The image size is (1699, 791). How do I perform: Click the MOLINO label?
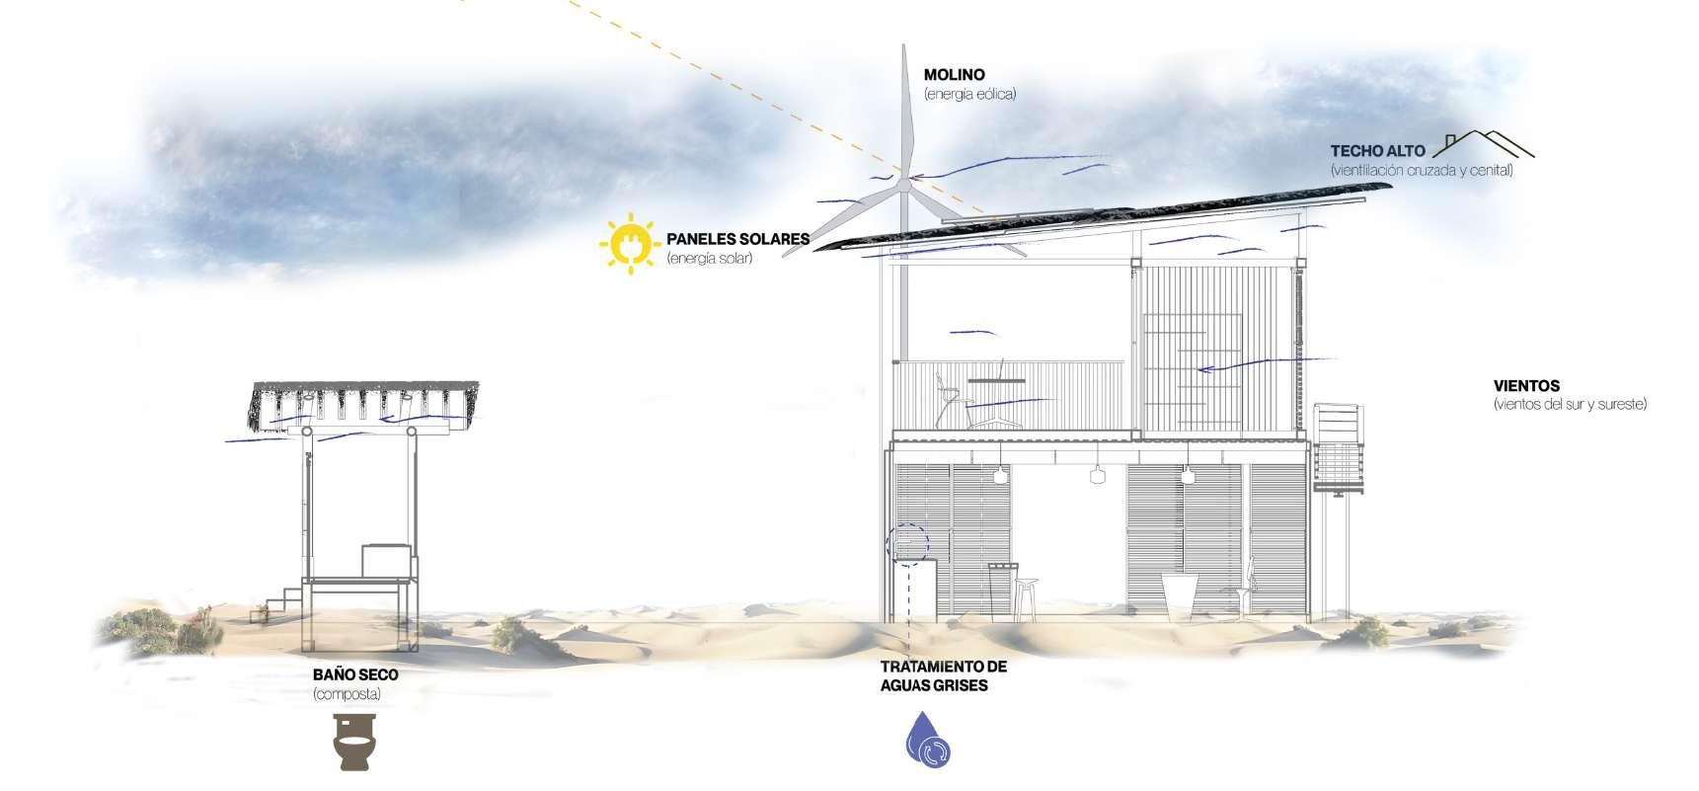(954, 74)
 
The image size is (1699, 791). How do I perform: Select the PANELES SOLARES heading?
(737, 239)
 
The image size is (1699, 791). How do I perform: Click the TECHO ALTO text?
(1377, 151)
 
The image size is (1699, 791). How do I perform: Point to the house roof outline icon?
(1484, 144)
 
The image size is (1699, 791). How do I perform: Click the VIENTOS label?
(1526, 386)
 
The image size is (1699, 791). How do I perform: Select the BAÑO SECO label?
(355, 675)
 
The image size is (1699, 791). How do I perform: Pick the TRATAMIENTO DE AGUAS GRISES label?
(943, 675)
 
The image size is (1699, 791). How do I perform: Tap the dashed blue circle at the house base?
(907, 543)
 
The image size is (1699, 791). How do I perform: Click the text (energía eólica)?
(969, 95)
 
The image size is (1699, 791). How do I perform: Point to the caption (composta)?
(347, 694)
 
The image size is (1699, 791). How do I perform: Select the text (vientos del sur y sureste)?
(1570, 405)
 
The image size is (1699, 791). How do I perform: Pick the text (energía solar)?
(709, 259)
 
